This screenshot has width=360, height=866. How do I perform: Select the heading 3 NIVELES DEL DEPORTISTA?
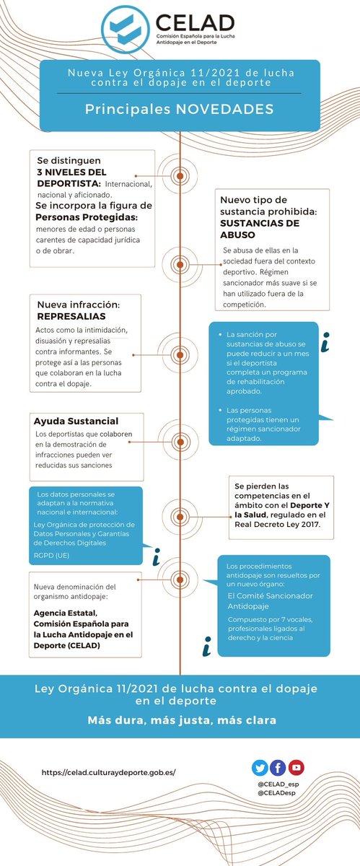click(x=71, y=172)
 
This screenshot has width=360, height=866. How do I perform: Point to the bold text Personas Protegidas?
click(x=87, y=217)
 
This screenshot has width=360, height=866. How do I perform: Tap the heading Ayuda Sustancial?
click(x=76, y=421)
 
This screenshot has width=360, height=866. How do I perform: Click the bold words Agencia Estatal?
click(x=66, y=616)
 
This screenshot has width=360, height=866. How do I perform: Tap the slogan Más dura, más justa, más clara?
click(x=180, y=720)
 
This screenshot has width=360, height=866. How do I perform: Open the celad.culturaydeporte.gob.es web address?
click(x=109, y=772)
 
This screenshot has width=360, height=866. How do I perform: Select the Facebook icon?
click(x=278, y=767)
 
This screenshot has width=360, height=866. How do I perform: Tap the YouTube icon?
click(x=296, y=767)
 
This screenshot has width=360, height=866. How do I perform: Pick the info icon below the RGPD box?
click(x=156, y=558)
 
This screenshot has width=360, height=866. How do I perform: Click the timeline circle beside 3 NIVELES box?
click(x=179, y=175)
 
